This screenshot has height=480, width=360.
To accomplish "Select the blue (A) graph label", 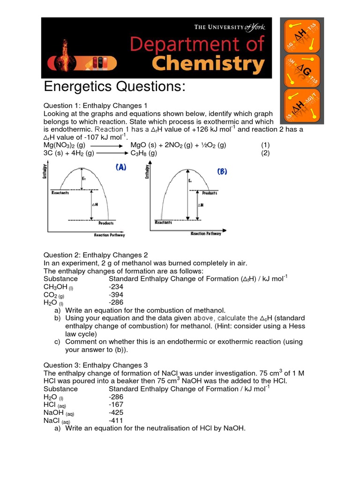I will point(120,167).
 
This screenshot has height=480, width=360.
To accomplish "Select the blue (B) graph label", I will point(222,172).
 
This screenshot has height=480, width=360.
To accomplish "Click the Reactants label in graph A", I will point(60,193).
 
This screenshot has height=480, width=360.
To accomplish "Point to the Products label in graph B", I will point(210,193).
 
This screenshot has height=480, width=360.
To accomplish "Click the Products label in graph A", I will point(106,224).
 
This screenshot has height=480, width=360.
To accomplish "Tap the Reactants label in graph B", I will point(163,223).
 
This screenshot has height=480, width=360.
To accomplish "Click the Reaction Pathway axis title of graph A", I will point(109,235).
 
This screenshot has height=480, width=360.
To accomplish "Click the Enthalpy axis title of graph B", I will point(147,172).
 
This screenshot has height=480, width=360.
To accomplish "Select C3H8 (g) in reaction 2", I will point(143,153).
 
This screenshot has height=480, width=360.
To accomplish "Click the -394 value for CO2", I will point(116,295).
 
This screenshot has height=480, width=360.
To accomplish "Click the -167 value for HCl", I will point(116,405).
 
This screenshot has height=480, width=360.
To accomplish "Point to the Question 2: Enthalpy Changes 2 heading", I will point(96,255).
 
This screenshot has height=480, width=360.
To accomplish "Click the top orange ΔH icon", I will point(302,36).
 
